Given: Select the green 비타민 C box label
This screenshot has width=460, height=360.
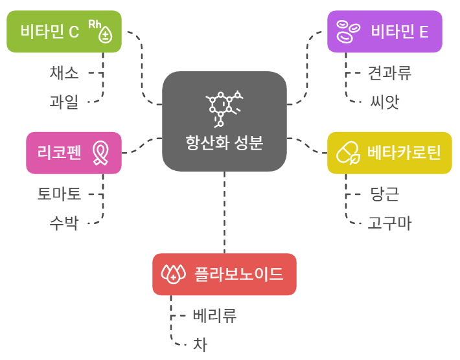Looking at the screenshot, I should [49, 31].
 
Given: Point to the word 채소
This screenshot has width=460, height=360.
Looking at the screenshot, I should [64, 73].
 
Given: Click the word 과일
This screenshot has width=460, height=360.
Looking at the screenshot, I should [64, 102].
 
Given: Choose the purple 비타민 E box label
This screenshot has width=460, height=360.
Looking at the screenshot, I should [400, 31].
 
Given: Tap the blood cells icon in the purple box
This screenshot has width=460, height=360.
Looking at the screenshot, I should [348, 30].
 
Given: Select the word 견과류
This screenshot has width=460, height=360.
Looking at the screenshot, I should [389, 73].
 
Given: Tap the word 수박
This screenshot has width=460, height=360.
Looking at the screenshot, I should [64, 223].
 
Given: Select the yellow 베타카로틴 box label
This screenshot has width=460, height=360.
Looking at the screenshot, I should [404, 153].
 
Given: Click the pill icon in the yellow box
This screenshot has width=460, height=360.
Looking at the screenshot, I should [348, 153].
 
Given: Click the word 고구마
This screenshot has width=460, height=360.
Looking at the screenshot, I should [389, 223].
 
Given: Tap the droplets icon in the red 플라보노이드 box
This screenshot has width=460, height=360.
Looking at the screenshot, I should [173, 274].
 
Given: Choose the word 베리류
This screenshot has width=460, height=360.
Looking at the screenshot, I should [214, 315].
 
